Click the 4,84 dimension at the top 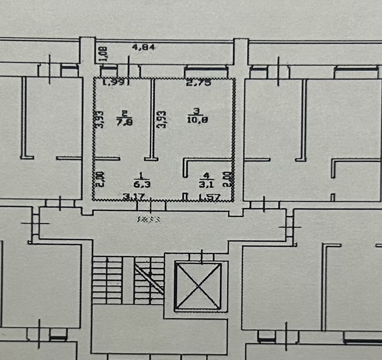pyautogui.click(x=143, y=47)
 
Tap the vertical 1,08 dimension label pyautogui.click(x=104, y=53)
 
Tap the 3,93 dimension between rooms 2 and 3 pyautogui.click(x=163, y=119)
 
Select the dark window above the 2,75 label pyautogui.click(x=206, y=70)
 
